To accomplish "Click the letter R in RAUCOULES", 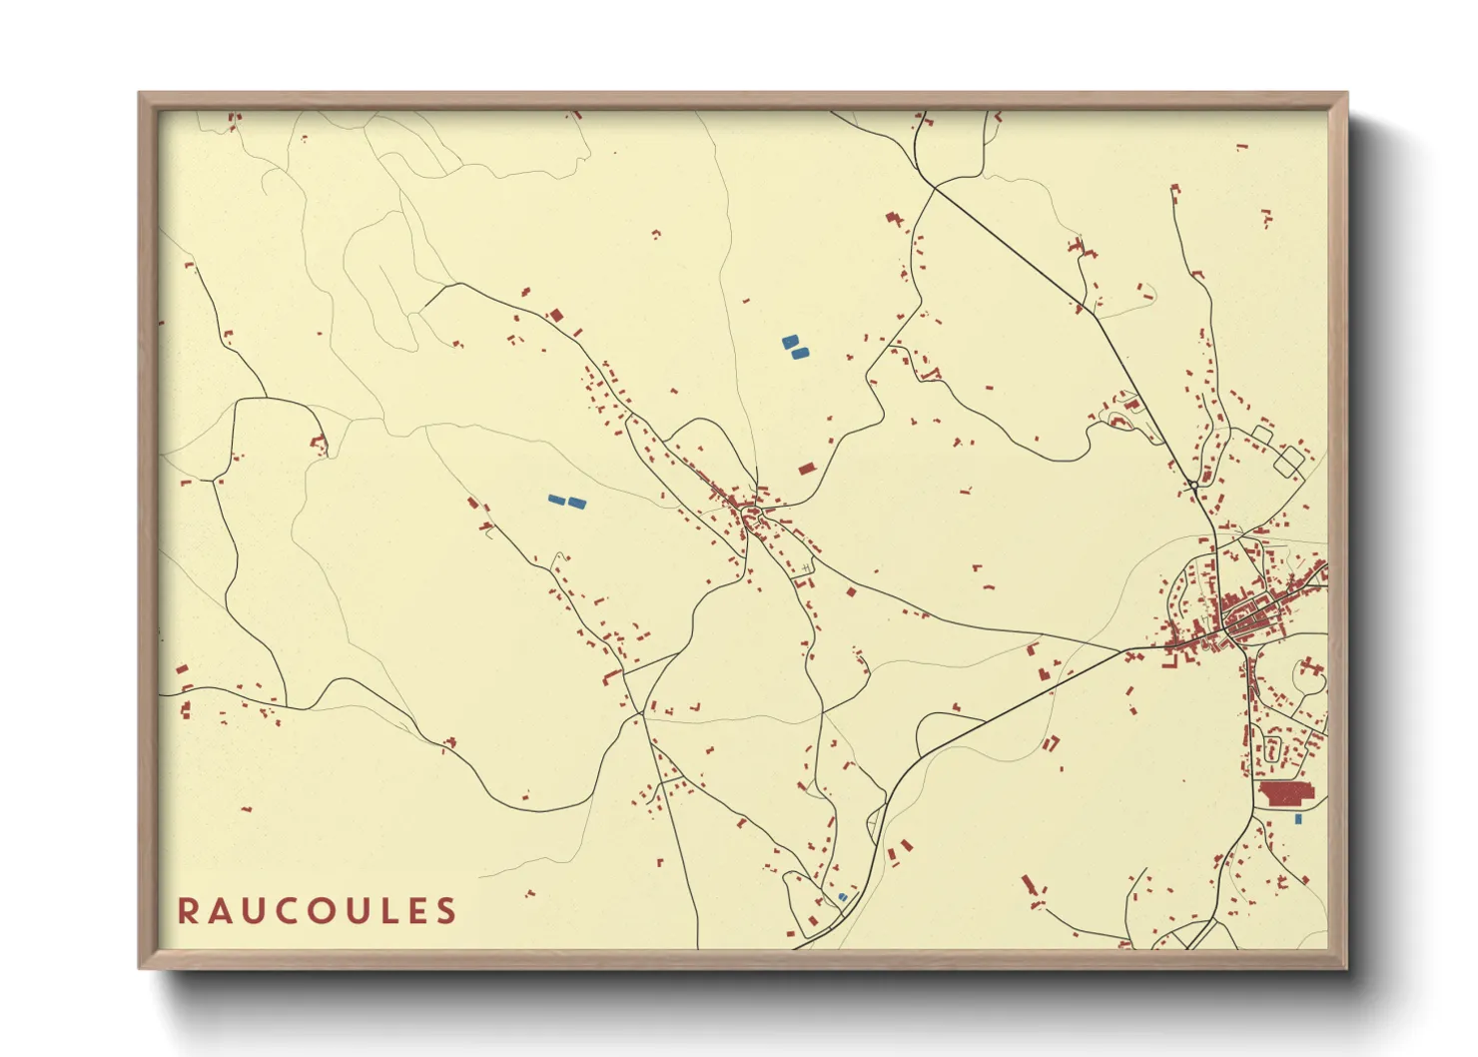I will point(187,911).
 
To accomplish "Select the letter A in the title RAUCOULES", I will point(219,911).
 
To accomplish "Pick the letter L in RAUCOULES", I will point(383,911).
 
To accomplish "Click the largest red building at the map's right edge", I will point(1287,794).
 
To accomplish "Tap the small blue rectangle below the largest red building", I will point(1297,819).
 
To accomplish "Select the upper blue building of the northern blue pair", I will point(790,342).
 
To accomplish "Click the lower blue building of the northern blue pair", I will point(799,353).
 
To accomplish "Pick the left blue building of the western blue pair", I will point(556,500).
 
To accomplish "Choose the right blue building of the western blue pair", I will point(576,504).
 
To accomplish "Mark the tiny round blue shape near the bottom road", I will point(842,897).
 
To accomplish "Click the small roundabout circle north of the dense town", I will point(1193,486).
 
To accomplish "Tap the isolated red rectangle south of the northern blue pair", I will point(806,469).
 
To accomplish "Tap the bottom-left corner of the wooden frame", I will point(141,967).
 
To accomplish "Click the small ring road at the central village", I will point(751,518).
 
